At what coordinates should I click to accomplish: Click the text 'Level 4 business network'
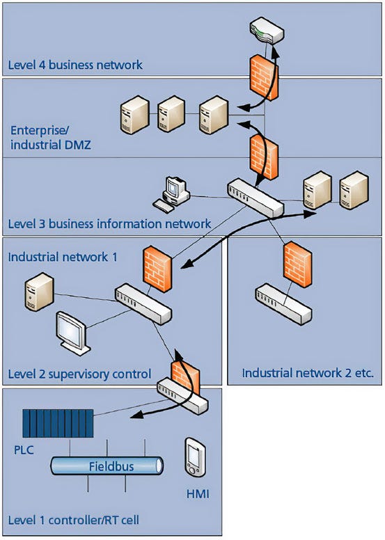coord(75,65)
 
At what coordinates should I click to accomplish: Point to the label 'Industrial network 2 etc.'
coord(308,374)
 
